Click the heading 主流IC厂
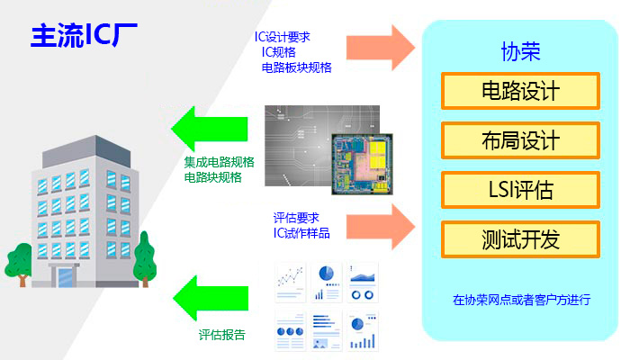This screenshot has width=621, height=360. pyautogui.click(x=84, y=36)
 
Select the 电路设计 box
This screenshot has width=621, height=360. pyautogui.click(x=520, y=91)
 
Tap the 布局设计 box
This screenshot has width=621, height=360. pyautogui.click(x=520, y=140)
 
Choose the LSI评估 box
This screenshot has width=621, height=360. pyautogui.click(x=520, y=190)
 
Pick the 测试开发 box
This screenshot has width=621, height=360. pyautogui.click(x=520, y=239)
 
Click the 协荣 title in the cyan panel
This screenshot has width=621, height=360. pyautogui.click(x=520, y=51)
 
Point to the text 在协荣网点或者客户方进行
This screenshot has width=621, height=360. pyautogui.click(x=521, y=300)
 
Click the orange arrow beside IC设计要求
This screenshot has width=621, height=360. pyautogui.click(x=381, y=48)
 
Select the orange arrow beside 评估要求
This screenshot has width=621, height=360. pyautogui.click(x=381, y=227)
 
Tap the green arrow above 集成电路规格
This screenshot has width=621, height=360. pyautogui.click(x=210, y=129)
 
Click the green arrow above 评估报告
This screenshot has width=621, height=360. pyautogui.click(x=211, y=298)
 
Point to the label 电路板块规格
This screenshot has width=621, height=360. pyautogui.click(x=297, y=67)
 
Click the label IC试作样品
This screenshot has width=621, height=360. pyautogui.click(x=301, y=233)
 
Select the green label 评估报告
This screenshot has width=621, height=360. pyautogui.click(x=221, y=335)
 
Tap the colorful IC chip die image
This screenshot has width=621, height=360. pyautogui.click(x=362, y=164)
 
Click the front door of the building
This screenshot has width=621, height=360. pyautogui.click(x=65, y=277)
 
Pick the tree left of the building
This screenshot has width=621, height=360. pyautogui.click(x=19, y=264)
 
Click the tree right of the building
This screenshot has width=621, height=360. pyautogui.click(x=145, y=259)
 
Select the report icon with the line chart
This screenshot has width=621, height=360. pyautogui.click(x=291, y=283)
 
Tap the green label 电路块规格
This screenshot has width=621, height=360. pyautogui.click(x=212, y=177)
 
